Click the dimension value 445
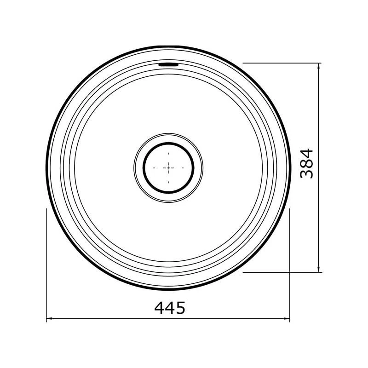(170, 308)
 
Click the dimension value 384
(306, 163)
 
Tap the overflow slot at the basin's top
(168, 64)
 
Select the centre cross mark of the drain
(168, 168)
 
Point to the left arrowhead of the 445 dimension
(49, 318)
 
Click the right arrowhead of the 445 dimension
(287, 318)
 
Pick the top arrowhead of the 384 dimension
(318, 66)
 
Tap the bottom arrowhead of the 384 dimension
(318, 270)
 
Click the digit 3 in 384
(306, 174)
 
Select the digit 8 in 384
(306, 163)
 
